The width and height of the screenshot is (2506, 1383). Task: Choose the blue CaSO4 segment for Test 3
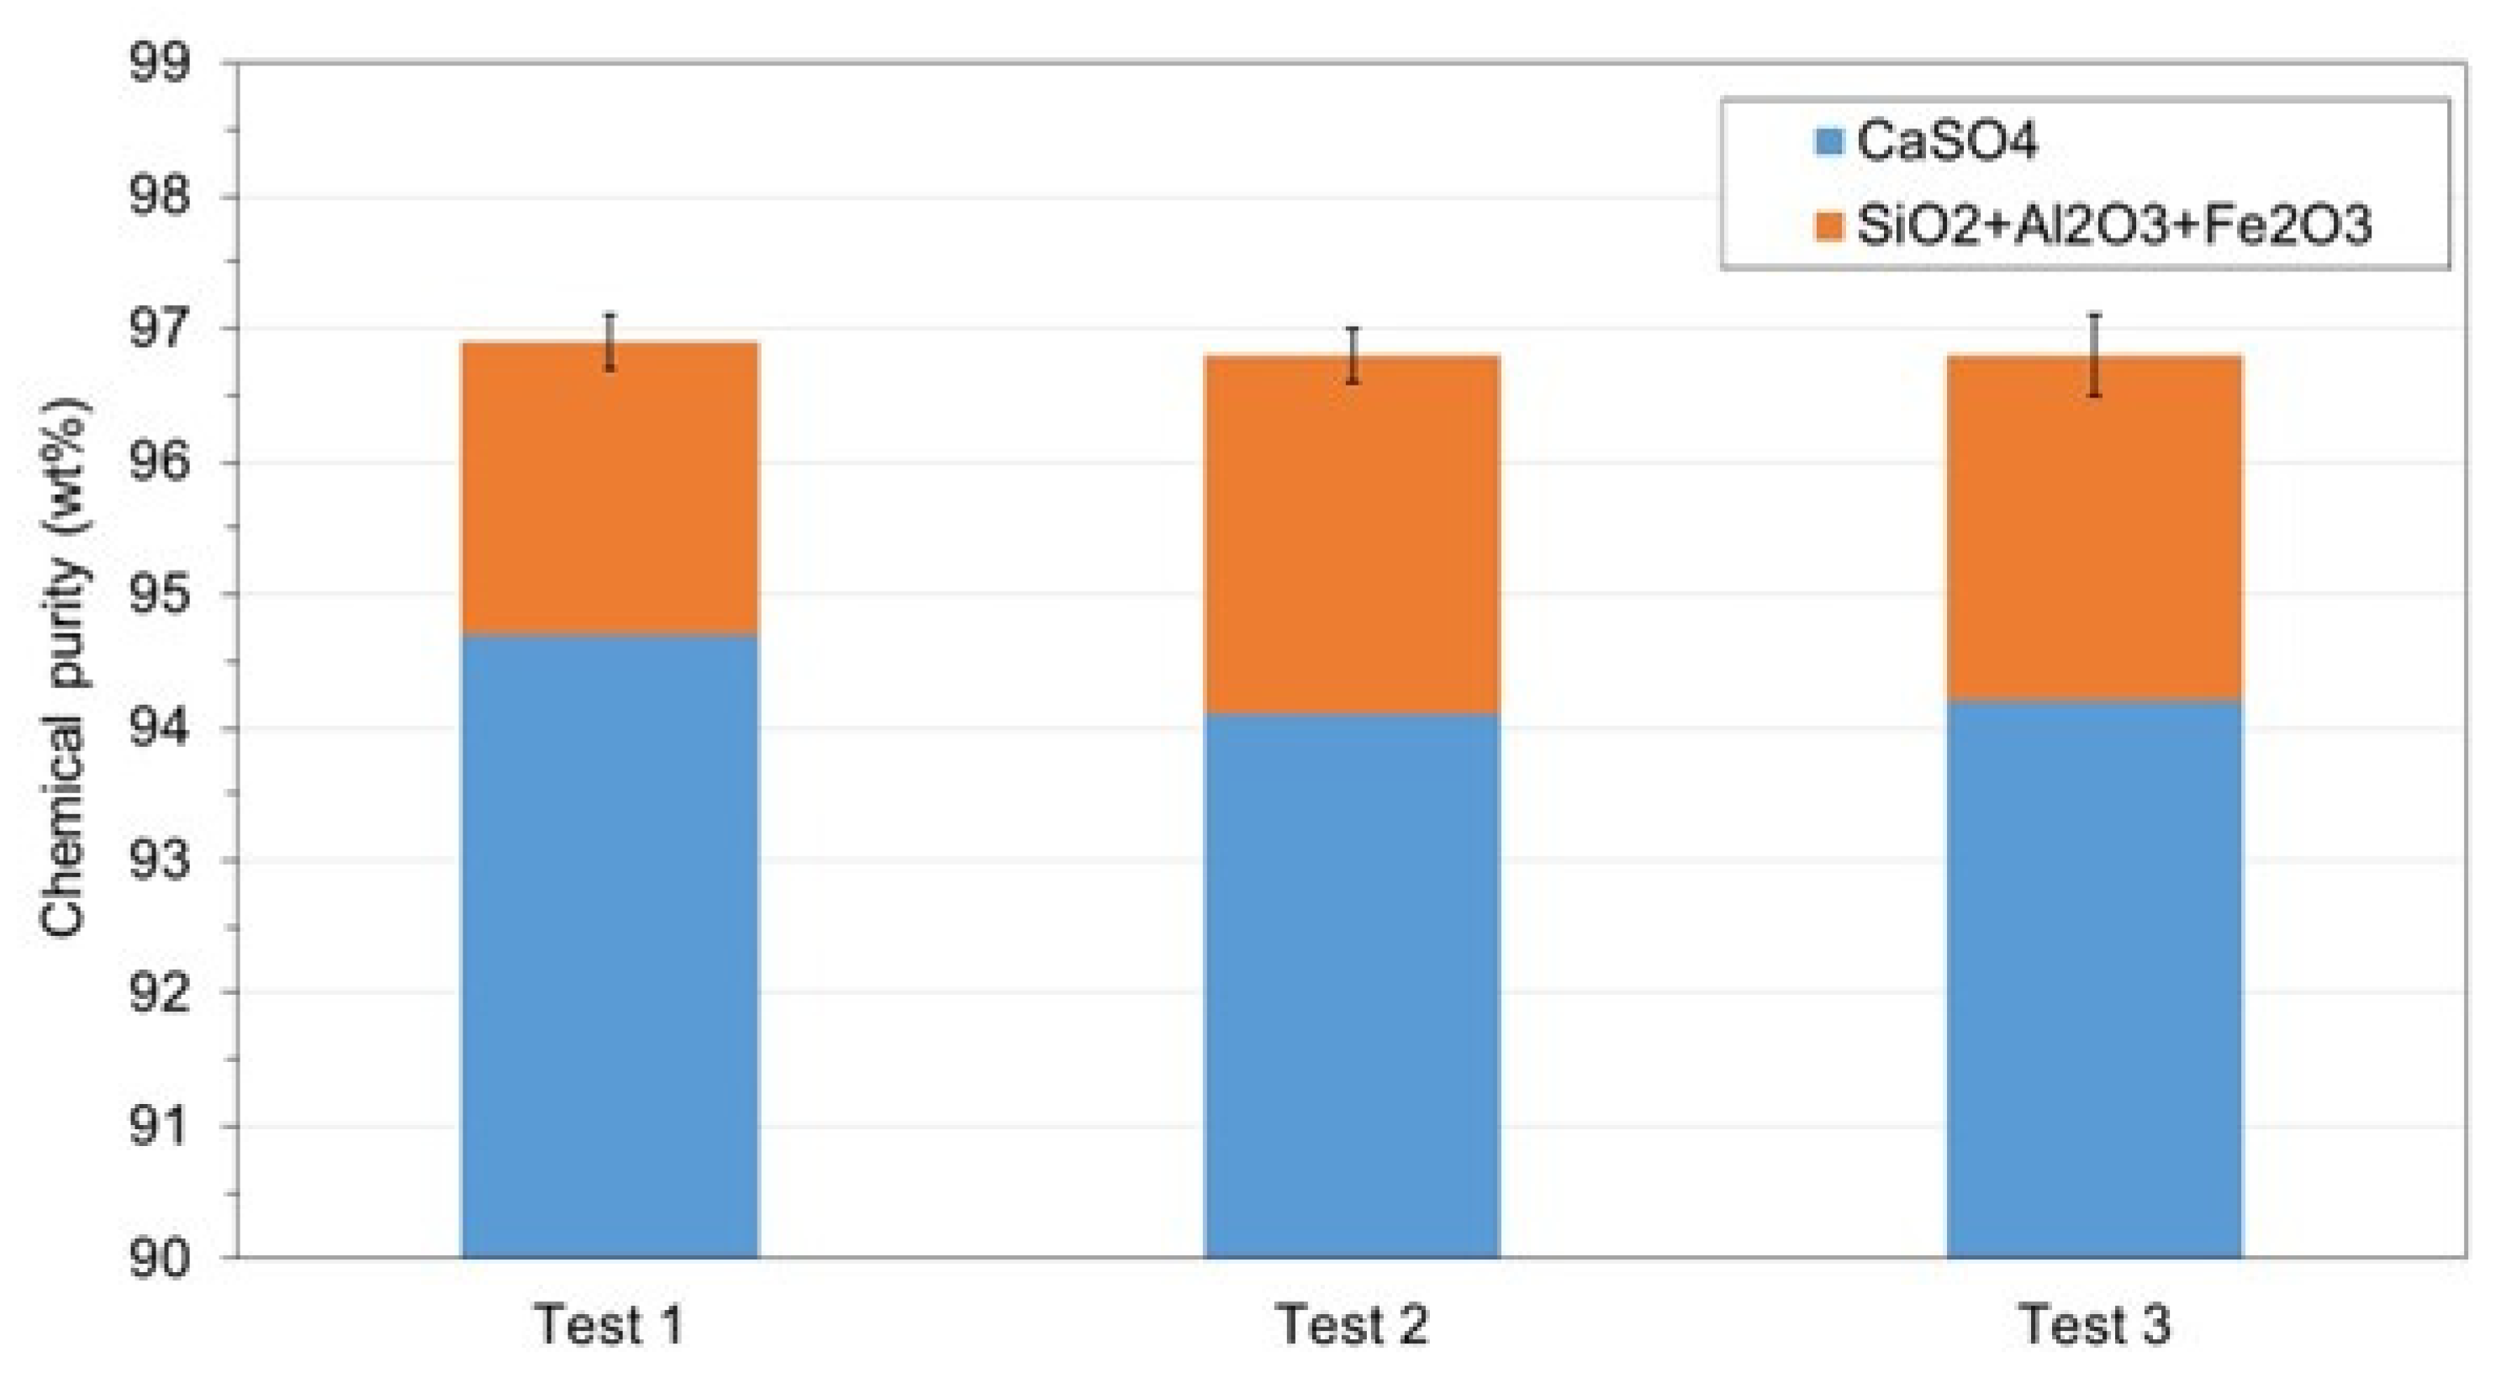click(x=2093, y=978)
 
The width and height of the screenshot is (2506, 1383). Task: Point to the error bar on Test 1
click(x=610, y=341)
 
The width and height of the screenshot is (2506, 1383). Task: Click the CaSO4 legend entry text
click(x=1945, y=142)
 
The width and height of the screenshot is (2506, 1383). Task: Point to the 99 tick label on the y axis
click(x=161, y=64)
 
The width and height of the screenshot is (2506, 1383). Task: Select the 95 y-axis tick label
click(x=161, y=595)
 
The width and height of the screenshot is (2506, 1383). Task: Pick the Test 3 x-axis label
click(x=2094, y=1325)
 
